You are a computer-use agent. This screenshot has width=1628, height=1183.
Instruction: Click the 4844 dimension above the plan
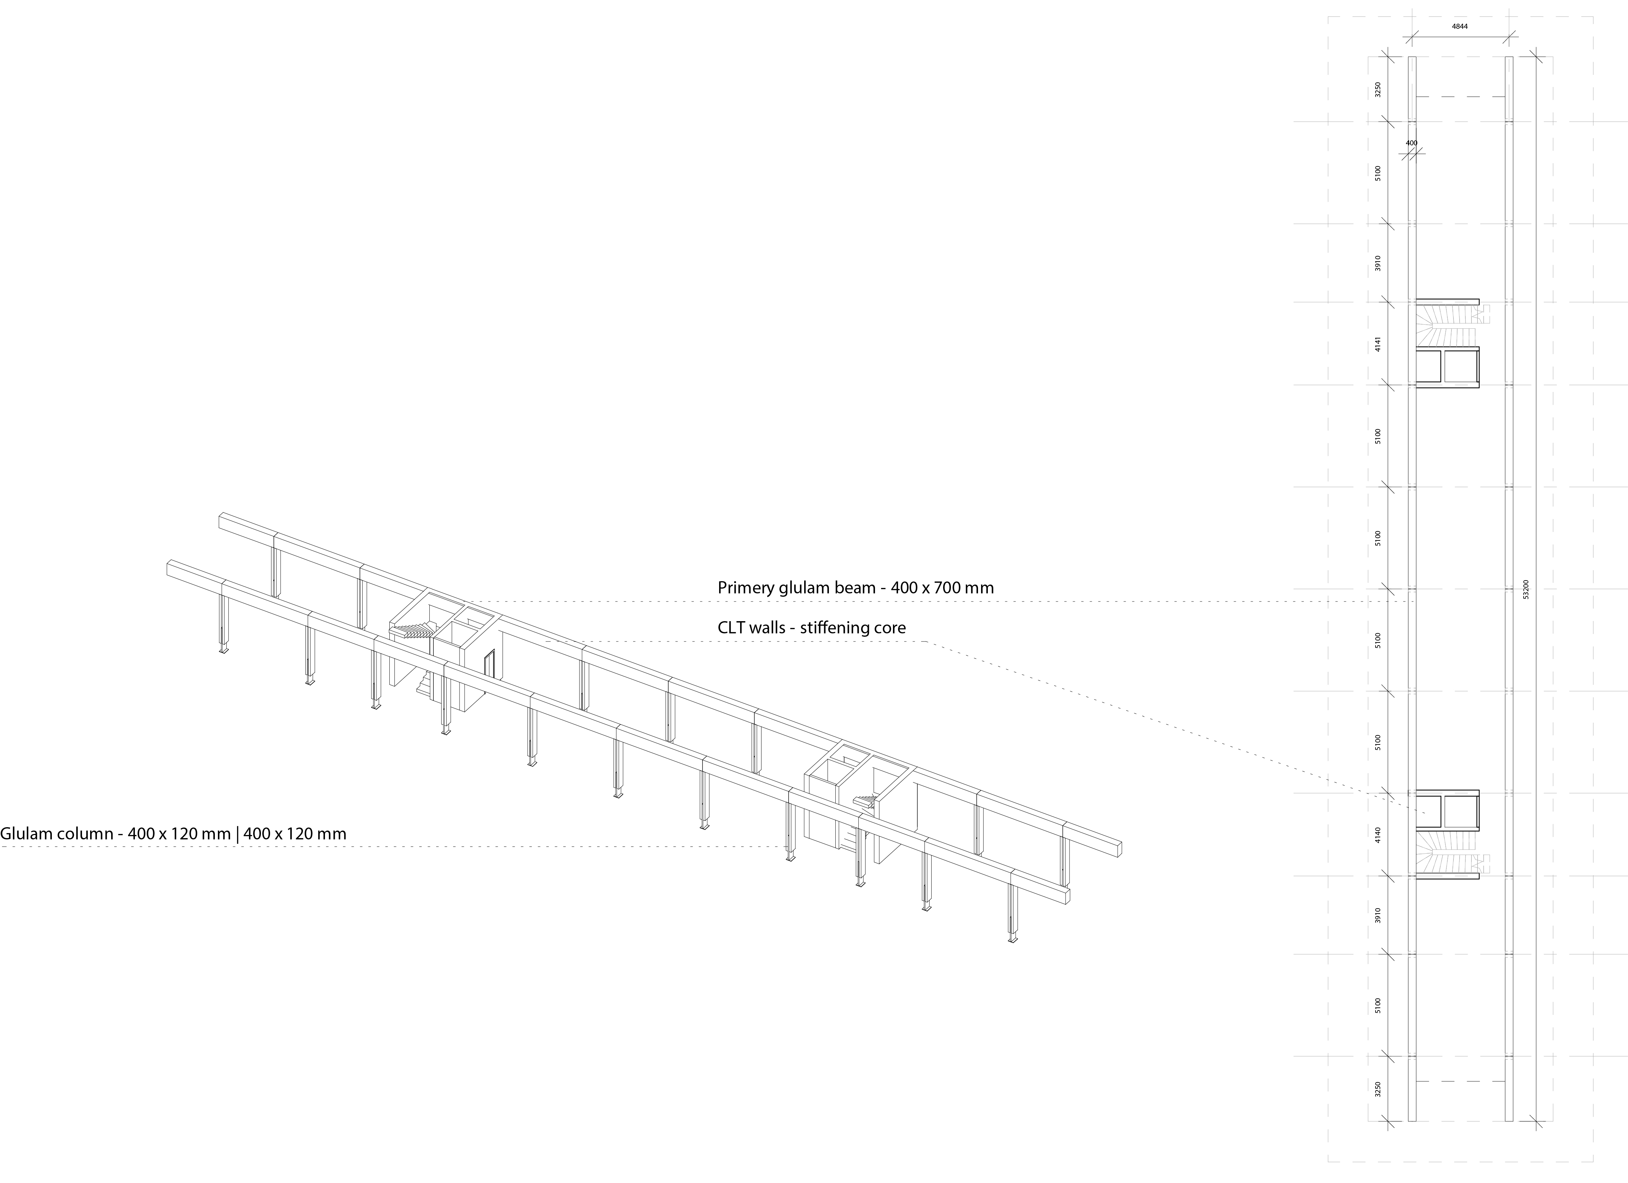pyautogui.click(x=1460, y=46)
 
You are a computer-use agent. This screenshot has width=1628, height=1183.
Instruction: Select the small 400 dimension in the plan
pyautogui.click(x=1411, y=143)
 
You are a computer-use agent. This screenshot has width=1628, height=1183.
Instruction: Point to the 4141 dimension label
pyautogui.click(x=1378, y=344)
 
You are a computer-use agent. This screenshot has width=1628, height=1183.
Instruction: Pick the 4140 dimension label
pyautogui.click(x=1378, y=834)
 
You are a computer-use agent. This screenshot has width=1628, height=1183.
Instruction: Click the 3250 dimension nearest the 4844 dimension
pyautogui.click(x=1378, y=90)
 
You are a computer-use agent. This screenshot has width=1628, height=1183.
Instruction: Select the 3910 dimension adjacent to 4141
pyautogui.click(x=1378, y=263)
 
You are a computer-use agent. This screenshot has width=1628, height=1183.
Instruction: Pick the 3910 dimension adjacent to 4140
pyautogui.click(x=1378, y=915)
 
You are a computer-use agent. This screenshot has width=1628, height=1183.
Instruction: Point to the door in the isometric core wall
pyautogui.click(x=490, y=664)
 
